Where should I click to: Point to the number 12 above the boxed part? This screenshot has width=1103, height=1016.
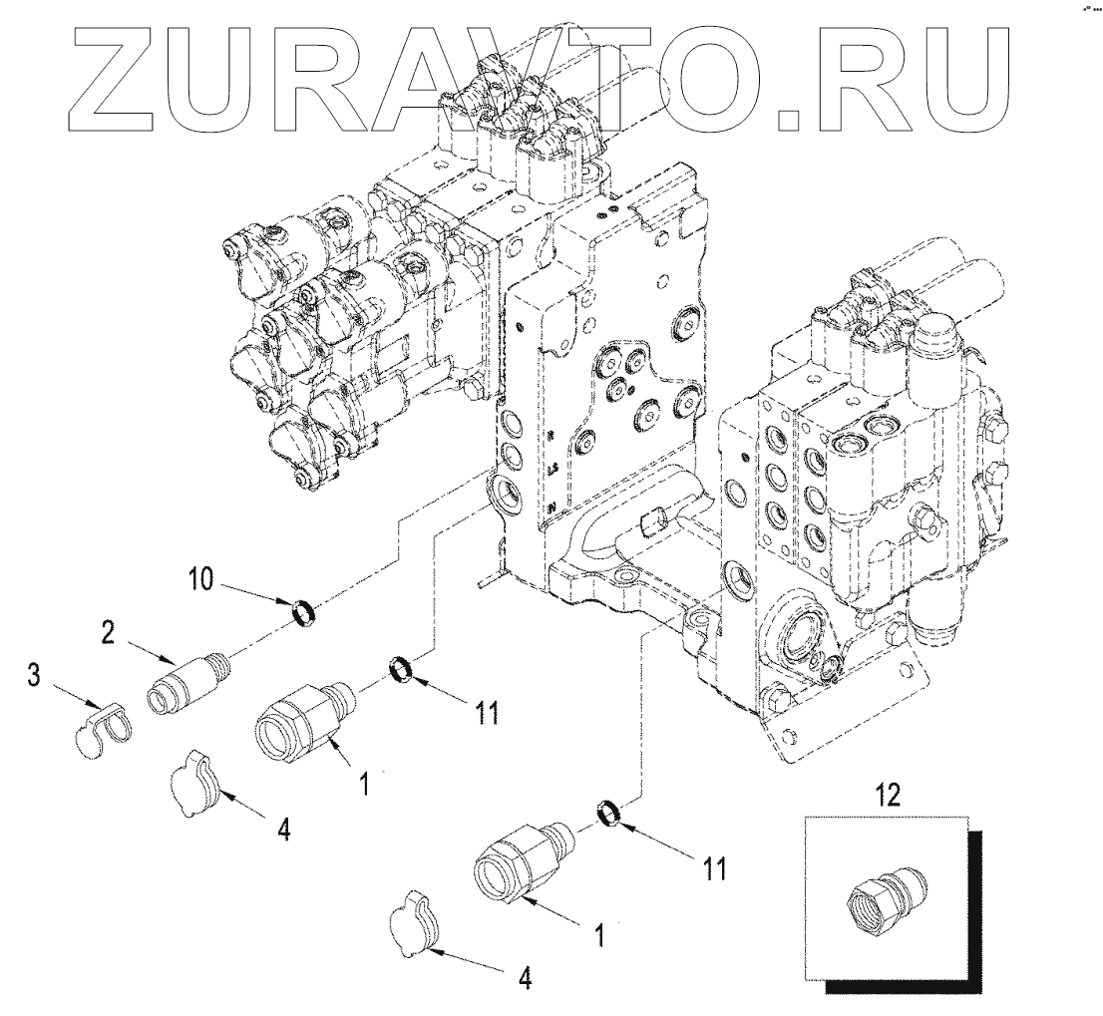[888, 795]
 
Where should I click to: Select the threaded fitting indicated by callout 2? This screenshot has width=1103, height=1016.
[188, 677]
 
